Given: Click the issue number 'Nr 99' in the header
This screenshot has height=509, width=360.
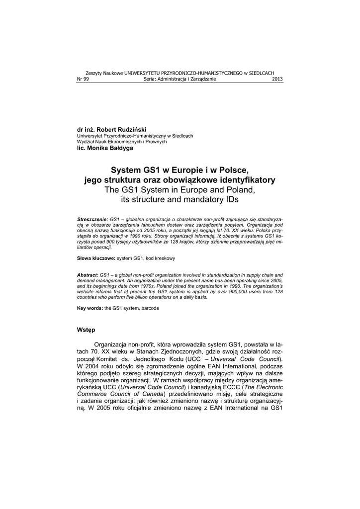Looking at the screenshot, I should click(83, 79).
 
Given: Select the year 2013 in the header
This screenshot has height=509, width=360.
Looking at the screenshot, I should click(277, 79).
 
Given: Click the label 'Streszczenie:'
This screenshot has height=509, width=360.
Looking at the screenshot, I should click(93, 219).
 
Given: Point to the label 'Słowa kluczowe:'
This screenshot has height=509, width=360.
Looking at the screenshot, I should click(96, 258).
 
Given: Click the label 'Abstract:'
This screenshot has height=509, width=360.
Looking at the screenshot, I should click(88, 275).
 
